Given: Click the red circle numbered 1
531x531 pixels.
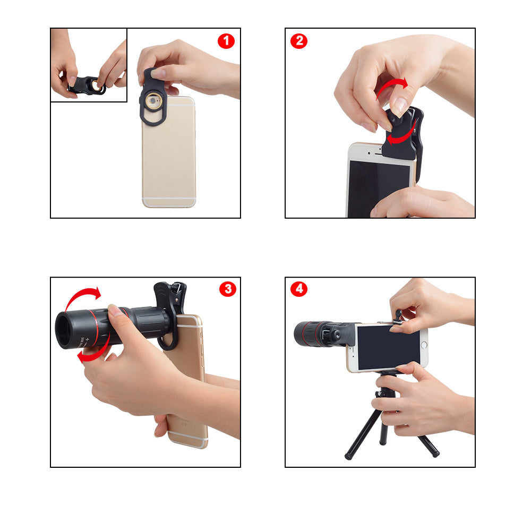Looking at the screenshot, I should [x=226, y=41].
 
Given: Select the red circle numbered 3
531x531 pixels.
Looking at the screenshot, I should [x=228, y=289].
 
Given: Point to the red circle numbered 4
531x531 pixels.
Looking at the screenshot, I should [x=299, y=289].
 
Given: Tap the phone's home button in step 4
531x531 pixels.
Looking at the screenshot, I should [x=424, y=346].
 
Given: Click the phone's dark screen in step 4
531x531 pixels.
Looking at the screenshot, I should [x=388, y=348].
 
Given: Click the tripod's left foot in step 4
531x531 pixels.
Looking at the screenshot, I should [x=349, y=455].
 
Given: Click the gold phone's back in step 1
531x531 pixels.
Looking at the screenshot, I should [x=169, y=154].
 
